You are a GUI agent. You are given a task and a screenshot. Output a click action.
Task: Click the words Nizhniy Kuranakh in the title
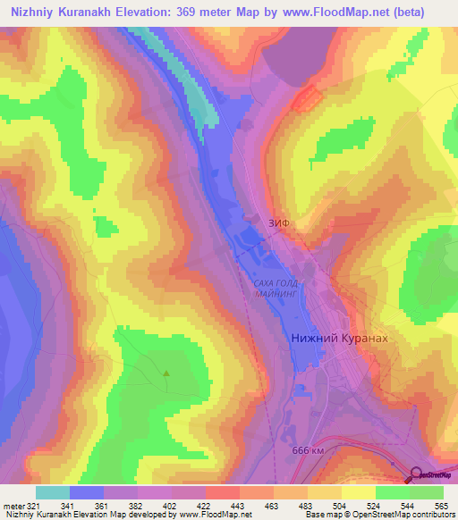(x=65, y=13)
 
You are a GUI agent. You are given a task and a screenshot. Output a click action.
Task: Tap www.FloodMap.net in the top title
(x=345, y=13)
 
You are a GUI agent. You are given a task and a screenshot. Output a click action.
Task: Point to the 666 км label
(x=309, y=452)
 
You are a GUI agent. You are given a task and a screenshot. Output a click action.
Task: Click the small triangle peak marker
(x=166, y=373)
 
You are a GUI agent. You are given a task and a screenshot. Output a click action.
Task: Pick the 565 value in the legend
(x=443, y=505)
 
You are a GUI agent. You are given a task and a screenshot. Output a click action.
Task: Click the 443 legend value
(x=239, y=505)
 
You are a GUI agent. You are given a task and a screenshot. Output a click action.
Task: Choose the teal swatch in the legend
(x=53, y=492)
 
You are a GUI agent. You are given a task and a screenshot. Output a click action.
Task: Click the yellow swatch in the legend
(x=359, y=492)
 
